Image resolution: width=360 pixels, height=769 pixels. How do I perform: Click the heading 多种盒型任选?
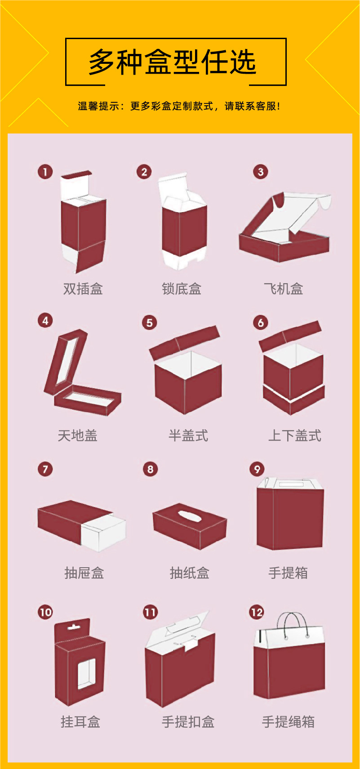click(x=172, y=62)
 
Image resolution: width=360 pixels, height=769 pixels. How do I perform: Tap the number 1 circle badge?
click(x=45, y=172)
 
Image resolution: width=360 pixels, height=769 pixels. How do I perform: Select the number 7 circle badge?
click(x=45, y=469)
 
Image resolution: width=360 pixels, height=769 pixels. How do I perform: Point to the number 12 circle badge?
click(x=257, y=612)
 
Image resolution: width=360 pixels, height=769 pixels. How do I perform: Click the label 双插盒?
click(x=83, y=289)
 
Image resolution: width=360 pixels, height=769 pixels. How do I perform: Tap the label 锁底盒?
click(x=182, y=289)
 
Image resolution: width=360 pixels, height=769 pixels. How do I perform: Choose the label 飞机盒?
click(x=284, y=289)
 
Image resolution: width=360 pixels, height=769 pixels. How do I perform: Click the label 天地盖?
click(x=78, y=436)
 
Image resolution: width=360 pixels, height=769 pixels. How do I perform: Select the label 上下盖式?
click(x=294, y=436)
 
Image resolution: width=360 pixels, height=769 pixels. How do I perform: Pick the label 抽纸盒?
click(x=189, y=573)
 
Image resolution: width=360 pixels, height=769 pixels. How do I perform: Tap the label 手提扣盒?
click(x=188, y=722)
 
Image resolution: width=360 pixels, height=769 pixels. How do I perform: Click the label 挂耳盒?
click(x=80, y=722)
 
